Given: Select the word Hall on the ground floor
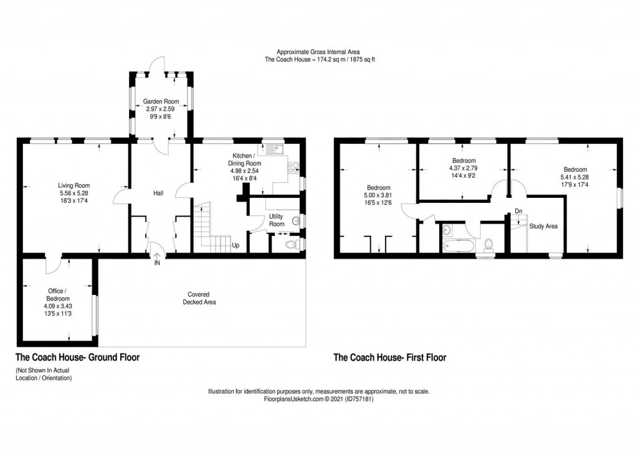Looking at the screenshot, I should [158, 194].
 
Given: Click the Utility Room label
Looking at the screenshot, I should [277, 220].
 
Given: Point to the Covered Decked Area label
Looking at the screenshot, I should [199, 298].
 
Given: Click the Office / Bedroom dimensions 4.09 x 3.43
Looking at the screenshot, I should [57, 306].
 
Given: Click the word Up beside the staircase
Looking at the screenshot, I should [236, 245].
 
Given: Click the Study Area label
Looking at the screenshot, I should [543, 227].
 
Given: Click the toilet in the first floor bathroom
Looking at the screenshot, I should [489, 244].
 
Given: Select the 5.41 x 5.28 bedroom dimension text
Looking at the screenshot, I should [575, 177].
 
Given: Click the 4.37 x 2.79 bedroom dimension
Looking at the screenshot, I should [462, 168].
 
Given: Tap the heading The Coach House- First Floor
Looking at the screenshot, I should [390, 357].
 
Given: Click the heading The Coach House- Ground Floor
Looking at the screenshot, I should [77, 357].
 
